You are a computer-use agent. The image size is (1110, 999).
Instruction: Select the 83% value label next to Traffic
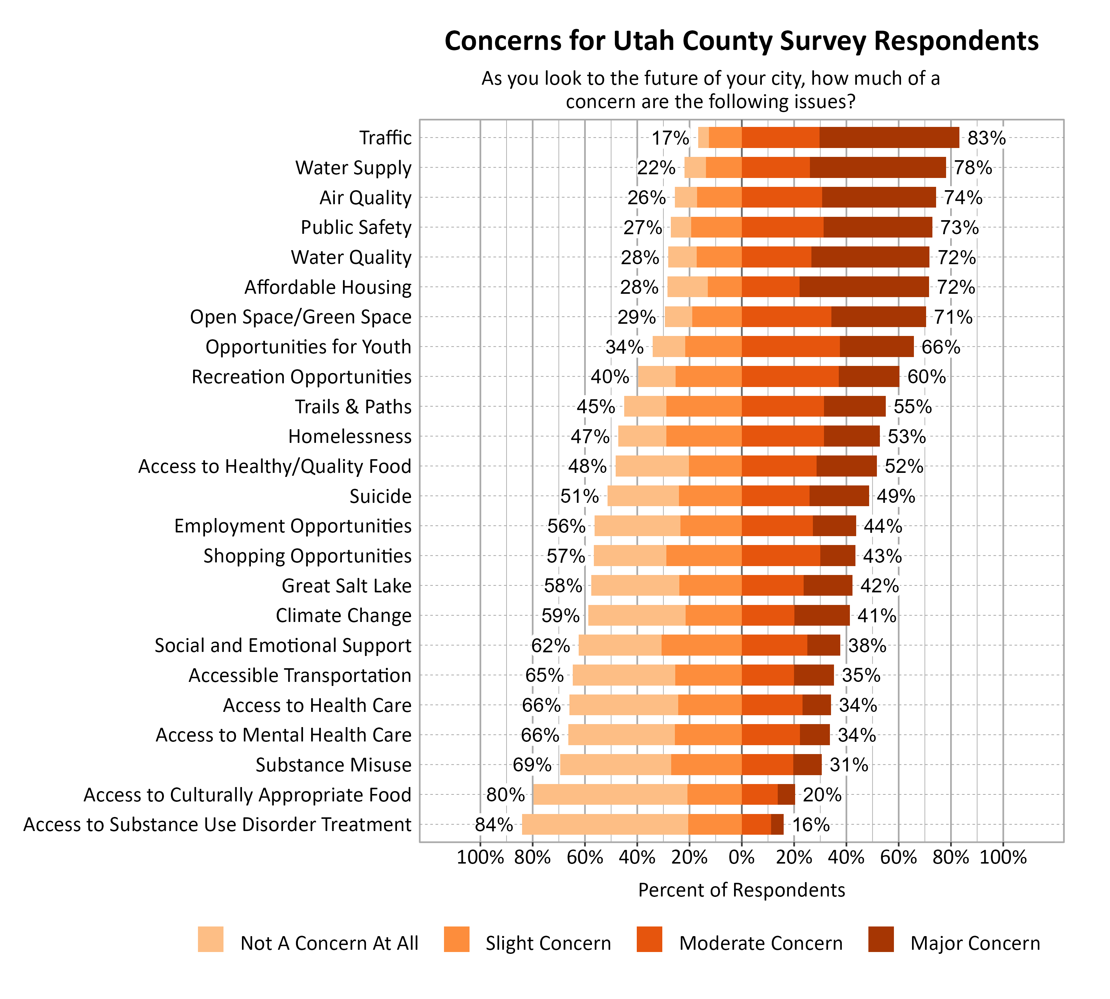986,138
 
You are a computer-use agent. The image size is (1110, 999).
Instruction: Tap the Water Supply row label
353,167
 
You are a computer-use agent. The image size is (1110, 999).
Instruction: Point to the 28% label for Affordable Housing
639,287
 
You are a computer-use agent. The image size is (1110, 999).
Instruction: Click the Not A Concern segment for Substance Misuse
615,765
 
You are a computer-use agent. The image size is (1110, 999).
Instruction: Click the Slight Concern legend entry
547,943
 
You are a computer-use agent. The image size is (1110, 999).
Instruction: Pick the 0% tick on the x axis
741,857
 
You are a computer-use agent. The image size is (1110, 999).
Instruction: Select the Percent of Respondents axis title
741,890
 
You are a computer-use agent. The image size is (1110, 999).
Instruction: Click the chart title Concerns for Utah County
741,41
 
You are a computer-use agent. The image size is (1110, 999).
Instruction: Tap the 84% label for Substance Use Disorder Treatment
494,824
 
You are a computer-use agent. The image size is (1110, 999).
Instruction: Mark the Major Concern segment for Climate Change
821,615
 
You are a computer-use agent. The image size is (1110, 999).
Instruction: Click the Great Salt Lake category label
346,586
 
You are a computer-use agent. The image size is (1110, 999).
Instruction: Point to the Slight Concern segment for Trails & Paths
704,406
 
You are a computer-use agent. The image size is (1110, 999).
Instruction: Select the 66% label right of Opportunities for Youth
941,347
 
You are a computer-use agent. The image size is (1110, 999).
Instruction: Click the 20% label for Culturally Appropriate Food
822,795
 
